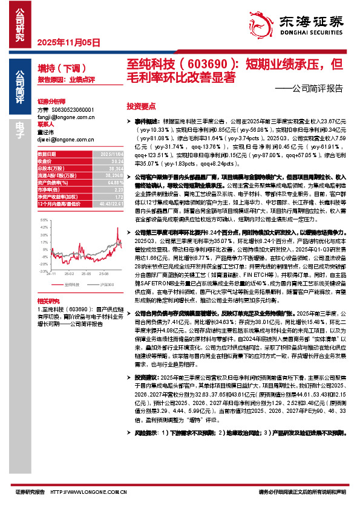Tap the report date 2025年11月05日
(68, 42)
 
